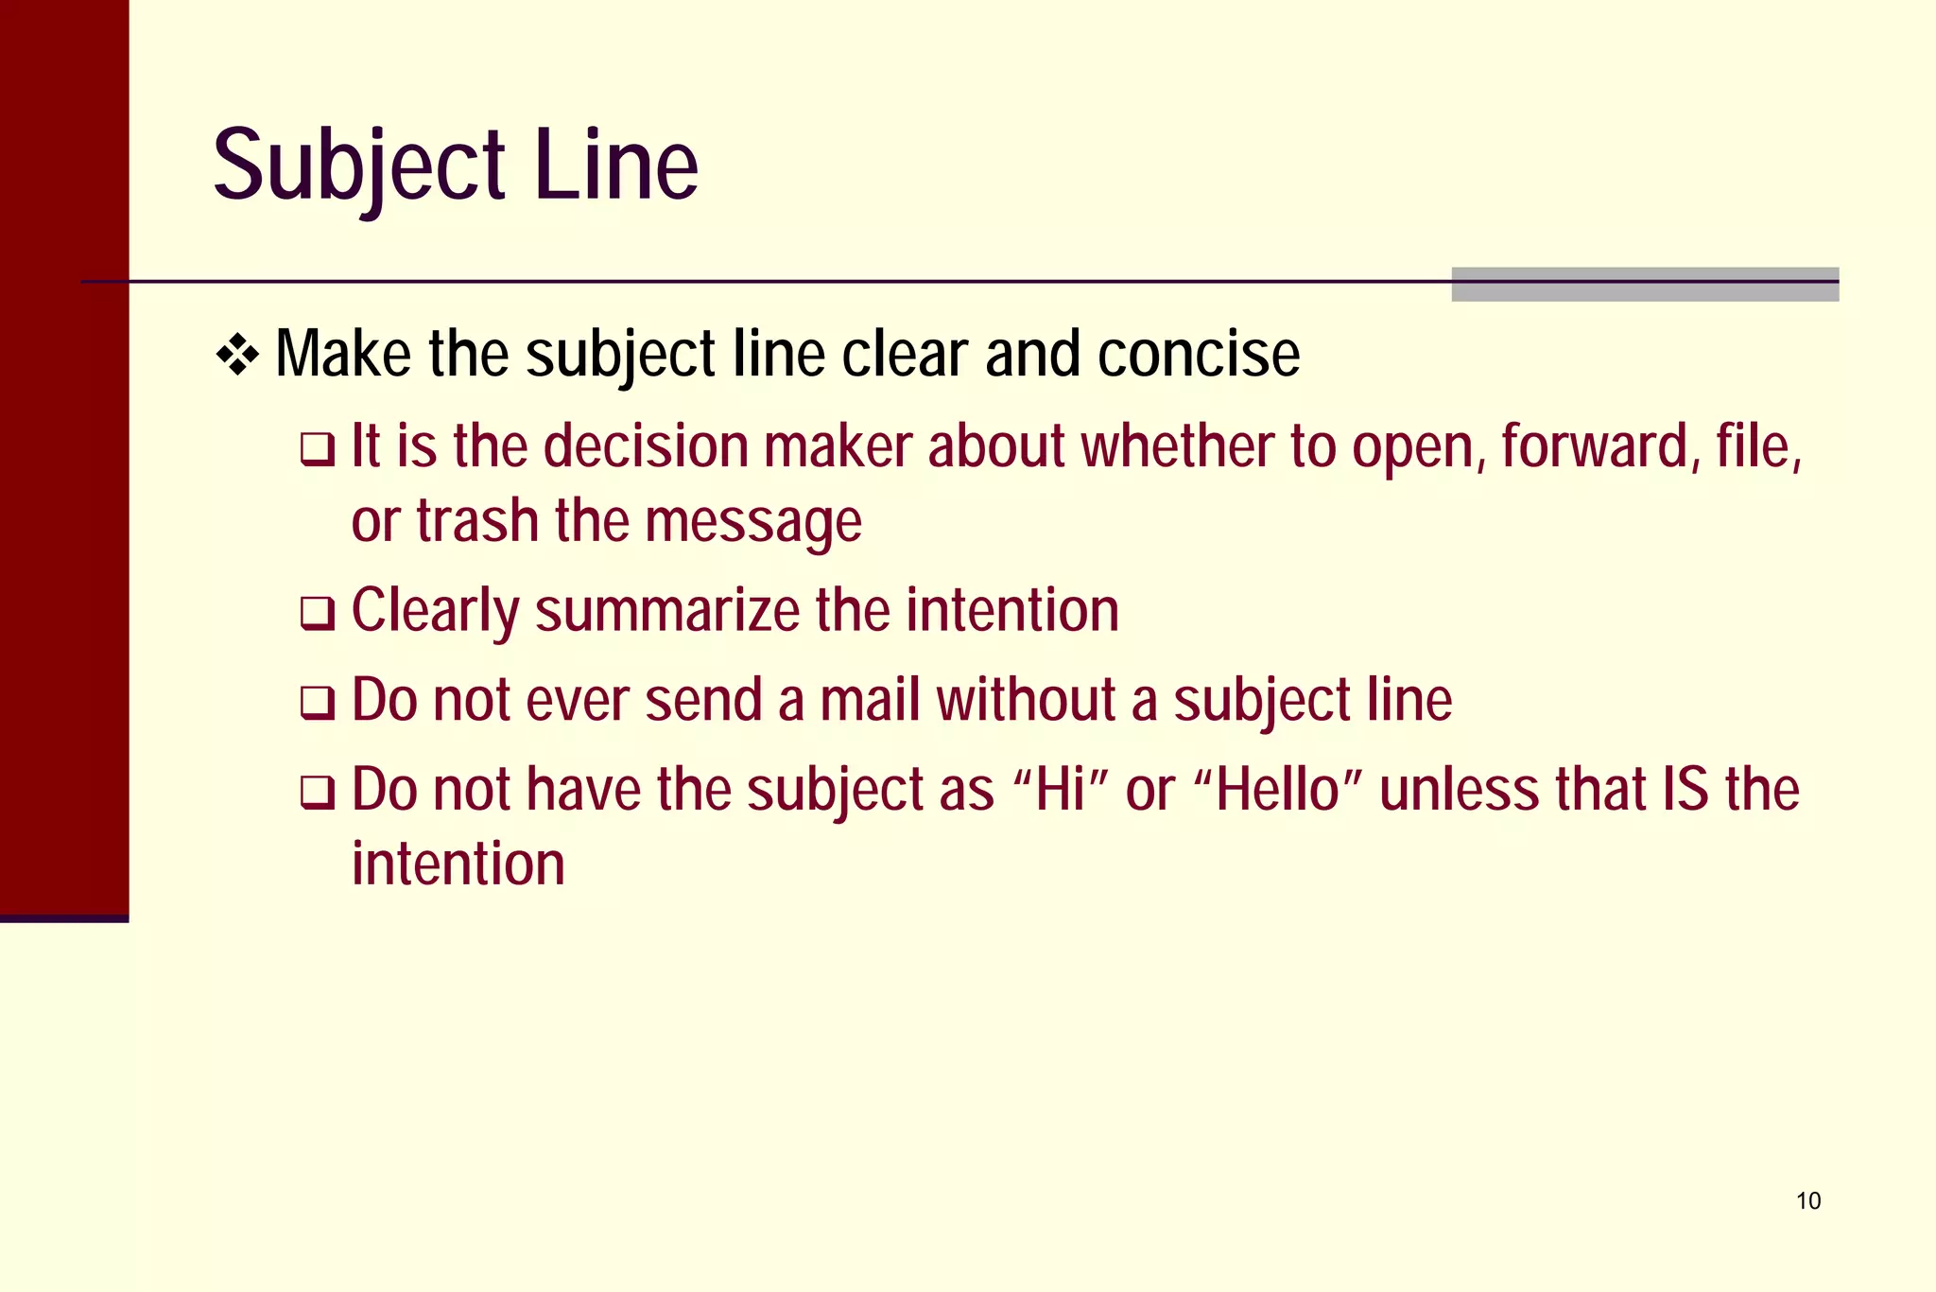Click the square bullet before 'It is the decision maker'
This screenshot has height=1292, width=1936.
tap(318, 448)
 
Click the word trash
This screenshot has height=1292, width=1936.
tap(477, 521)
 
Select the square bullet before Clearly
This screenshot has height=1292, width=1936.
tap(318, 613)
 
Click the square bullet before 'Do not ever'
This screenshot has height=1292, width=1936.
tap(318, 703)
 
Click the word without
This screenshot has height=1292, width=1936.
tap(1027, 700)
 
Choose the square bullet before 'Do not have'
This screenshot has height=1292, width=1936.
tap(318, 792)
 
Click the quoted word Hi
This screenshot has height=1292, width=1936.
tap(1060, 790)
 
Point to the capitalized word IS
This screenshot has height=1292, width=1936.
tap(1685, 790)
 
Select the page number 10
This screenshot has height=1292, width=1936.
tap(1807, 1201)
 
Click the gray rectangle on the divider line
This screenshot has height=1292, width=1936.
tap(1645, 284)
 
